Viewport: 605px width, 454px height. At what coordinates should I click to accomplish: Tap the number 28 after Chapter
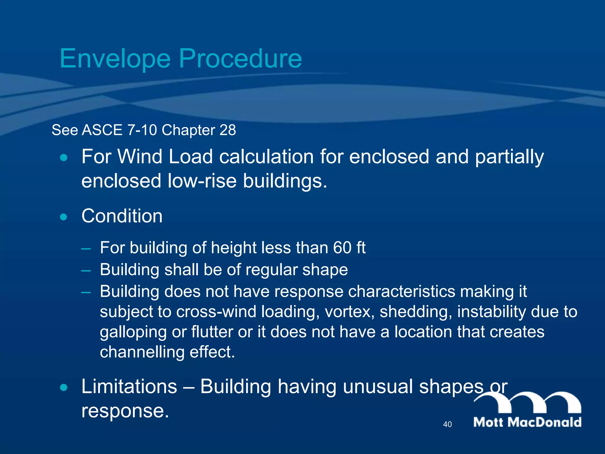(227, 130)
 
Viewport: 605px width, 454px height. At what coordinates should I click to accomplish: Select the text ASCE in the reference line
(102, 130)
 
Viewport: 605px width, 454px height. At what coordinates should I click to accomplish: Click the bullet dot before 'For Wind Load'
(64, 158)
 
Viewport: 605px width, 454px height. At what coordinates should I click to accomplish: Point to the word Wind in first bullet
(140, 157)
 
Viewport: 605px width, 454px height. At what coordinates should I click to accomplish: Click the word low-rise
(202, 181)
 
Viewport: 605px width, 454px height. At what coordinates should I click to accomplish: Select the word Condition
(122, 216)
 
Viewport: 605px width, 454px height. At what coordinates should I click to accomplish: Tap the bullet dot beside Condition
(64, 217)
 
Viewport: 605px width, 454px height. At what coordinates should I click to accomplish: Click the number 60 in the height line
(342, 248)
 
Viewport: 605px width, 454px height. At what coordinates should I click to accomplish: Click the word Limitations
(129, 387)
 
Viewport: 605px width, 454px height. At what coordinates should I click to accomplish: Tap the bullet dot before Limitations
(64, 387)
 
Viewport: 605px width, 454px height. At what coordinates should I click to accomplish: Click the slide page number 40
(447, 424)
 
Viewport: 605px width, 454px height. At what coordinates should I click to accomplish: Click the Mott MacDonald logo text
(527, 422)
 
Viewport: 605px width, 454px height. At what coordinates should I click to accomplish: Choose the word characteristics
(401, 292)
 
